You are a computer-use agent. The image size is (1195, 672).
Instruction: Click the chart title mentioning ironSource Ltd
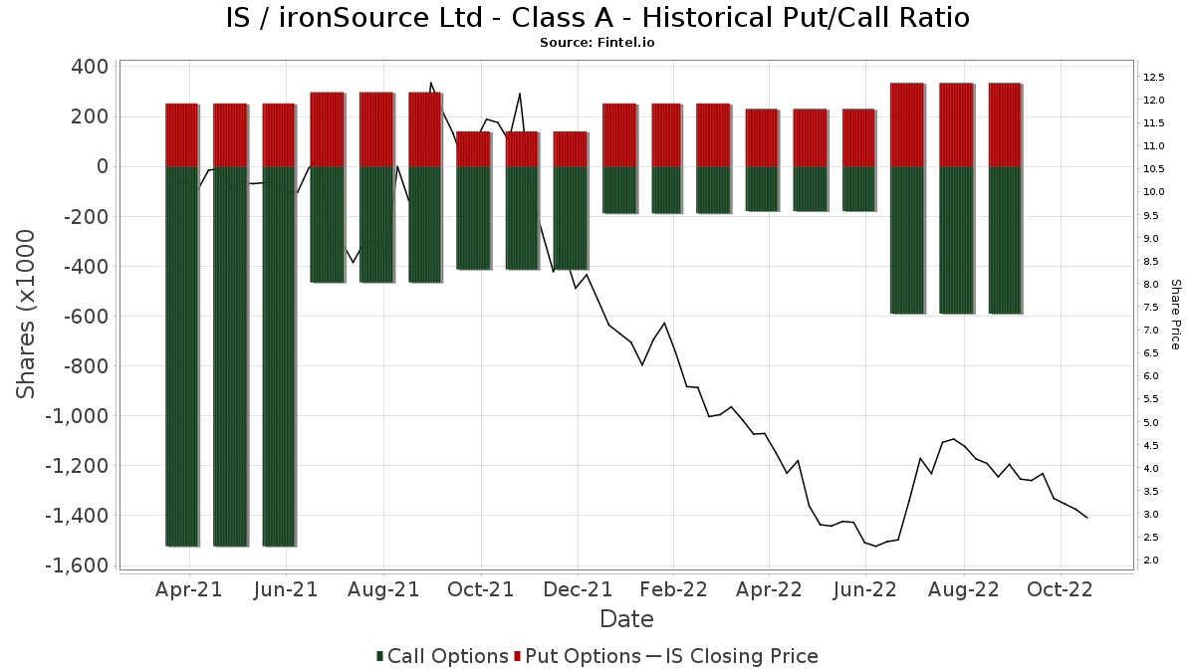597,18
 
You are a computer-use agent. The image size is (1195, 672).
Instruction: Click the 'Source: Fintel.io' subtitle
597,43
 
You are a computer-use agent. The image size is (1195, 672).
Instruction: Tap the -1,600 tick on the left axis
76,565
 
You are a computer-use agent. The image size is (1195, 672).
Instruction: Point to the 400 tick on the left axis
90,67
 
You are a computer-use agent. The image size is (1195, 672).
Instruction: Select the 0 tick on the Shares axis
102,166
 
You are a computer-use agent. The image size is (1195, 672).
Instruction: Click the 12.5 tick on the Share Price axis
1155,77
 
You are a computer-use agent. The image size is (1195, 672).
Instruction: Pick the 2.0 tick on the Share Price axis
1151,560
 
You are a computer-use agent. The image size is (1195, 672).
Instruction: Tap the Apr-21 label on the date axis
189,589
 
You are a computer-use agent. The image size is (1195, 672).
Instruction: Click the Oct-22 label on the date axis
1061,589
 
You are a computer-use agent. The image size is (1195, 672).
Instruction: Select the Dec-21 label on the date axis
578,589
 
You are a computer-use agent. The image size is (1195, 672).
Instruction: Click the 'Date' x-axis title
626,619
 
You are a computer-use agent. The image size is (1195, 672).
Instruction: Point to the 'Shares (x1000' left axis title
27,314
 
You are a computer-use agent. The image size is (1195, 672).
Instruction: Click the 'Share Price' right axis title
1176,314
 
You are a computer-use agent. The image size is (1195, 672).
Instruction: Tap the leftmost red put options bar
181,134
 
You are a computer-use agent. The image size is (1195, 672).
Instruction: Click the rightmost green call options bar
1005,240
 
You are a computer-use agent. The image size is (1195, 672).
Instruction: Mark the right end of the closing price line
1086,518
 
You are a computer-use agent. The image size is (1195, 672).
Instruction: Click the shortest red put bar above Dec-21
570,149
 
